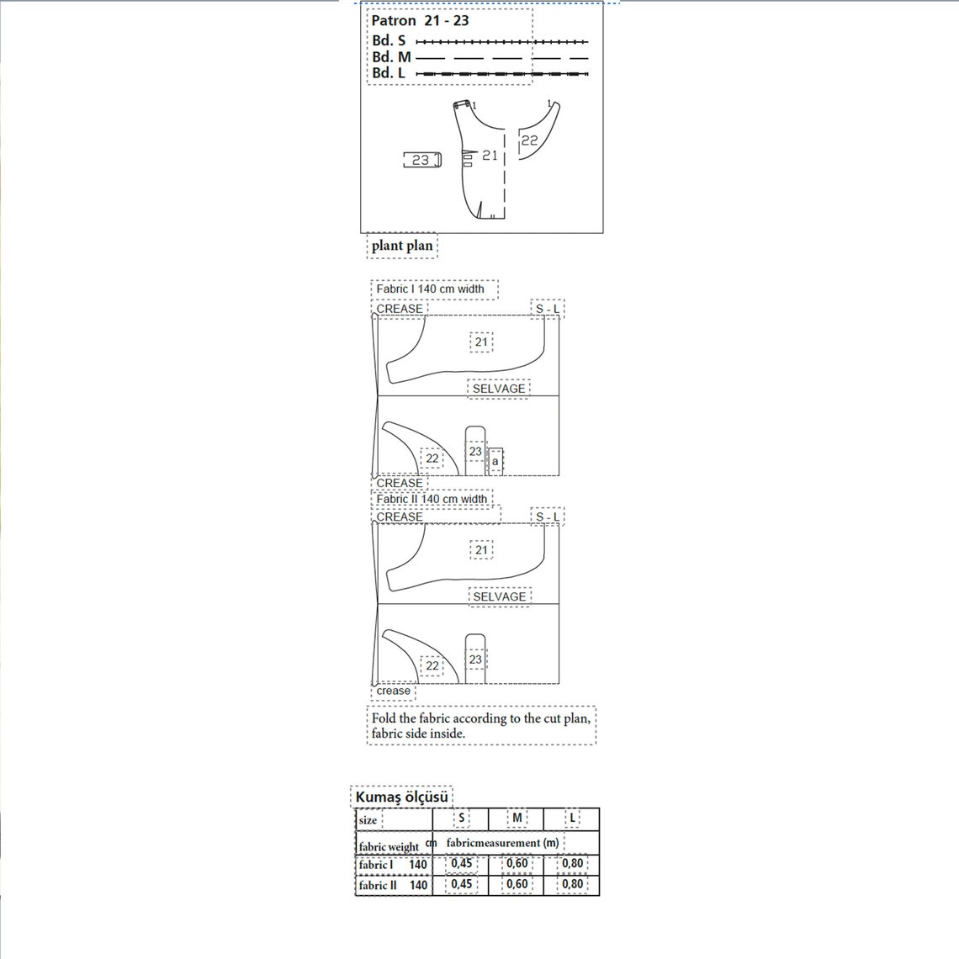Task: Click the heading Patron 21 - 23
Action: click(x=420, y=21)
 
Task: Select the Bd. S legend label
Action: click(x=389, y=40)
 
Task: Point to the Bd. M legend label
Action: click(x=391, y=57)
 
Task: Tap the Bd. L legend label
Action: click(x=389, y=73)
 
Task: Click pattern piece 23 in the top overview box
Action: click(x=421, y=160)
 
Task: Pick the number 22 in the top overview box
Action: click(x=529, y=140)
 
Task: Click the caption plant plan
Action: click(x=402, y=246)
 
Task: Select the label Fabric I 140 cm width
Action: click(x=430, y=289)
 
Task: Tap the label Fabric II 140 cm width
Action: click(x=431, y=499)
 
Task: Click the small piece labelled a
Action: click(x=495, y=461)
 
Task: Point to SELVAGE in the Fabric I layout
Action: click(x=498, y=389)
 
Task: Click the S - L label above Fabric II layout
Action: click(x=547, y=517)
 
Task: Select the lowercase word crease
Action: click(x=393, y=691)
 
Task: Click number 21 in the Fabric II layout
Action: click(x=481, y=550)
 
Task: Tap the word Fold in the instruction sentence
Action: click(x=384, y=718)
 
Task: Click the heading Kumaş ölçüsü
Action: click(x=401, y=797)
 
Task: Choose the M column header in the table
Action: click(x=517, y=818)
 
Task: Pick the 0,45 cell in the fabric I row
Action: click(x=461, y=863)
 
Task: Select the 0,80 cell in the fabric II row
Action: click(x=572, y=884)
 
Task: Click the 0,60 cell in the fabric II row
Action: click(x=517, y=884)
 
